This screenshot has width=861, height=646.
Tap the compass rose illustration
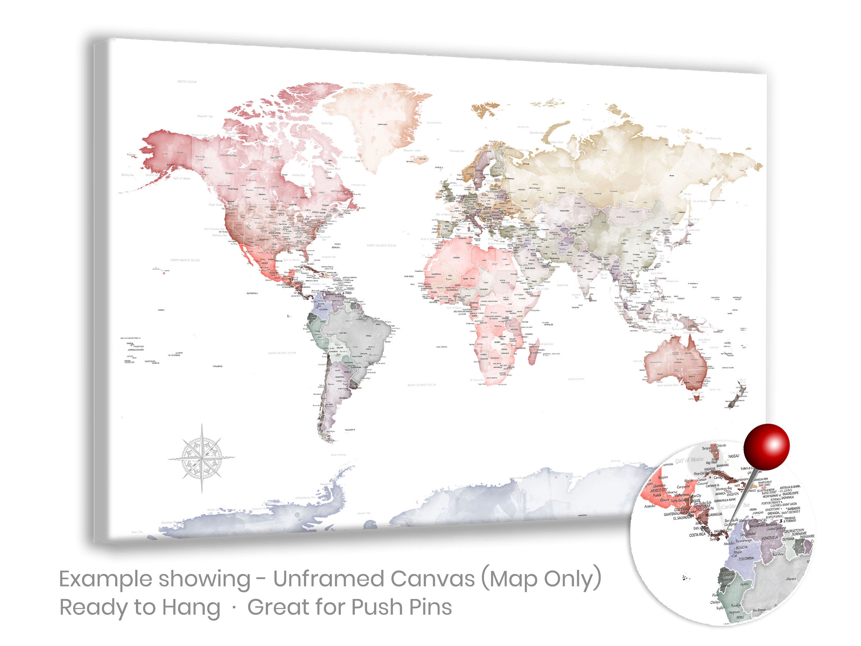coord(202,458)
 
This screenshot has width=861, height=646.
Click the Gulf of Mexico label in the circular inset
coord(690,460)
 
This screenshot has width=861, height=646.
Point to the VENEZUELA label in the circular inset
coord(770,538)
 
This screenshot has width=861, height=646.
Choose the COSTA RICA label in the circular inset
coord(697,535)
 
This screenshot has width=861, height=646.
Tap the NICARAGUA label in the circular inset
coord(714,514)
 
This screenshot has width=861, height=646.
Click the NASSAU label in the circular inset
coord(734,455)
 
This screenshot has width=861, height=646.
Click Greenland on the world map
coord(377,125)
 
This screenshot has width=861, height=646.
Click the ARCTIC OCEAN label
coord(187,82)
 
